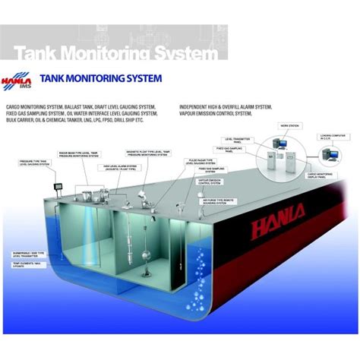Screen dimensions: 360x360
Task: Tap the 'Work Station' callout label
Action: (289, 125)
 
